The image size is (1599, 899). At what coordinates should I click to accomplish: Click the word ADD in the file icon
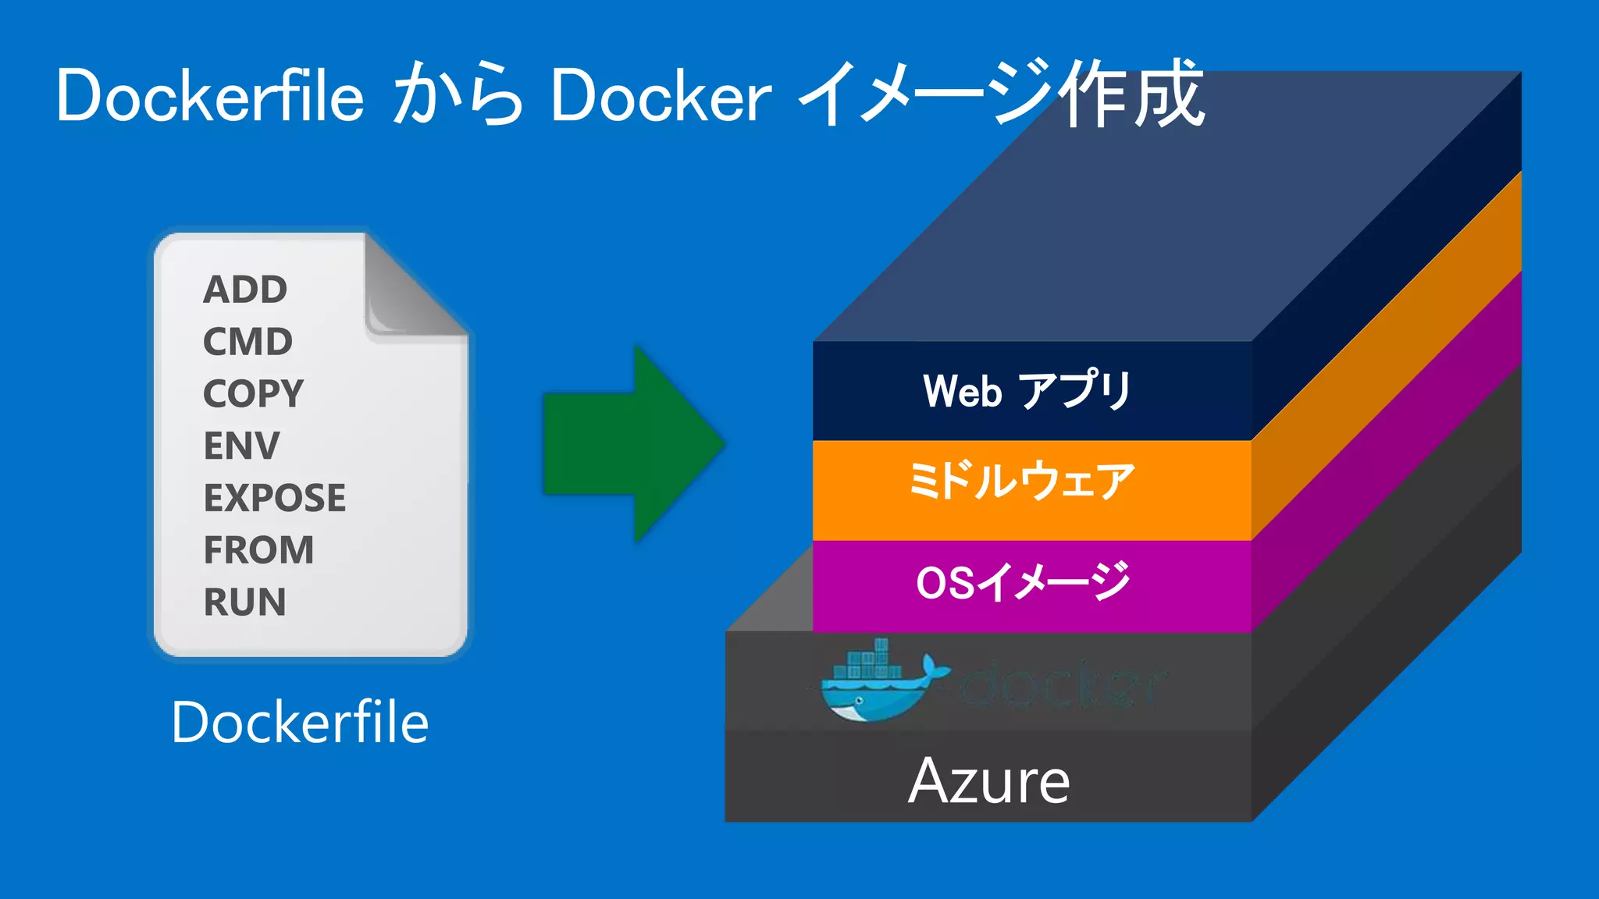pos(245,290)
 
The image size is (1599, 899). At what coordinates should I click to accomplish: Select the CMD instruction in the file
pos(248,342)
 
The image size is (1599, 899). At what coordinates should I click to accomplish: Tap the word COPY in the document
pos(253,393)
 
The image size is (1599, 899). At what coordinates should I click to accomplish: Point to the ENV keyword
pos(241,446)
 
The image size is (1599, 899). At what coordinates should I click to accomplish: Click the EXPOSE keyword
pos(274,498)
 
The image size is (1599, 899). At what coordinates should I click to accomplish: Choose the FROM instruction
pos(258,550)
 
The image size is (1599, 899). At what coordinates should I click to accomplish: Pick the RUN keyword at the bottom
pos(244,602)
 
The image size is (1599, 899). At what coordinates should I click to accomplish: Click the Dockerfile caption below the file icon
pos(300,723)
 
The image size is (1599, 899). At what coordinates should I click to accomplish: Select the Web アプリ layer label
pos(1027,390)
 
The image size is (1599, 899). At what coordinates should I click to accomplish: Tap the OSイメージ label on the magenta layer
pos(1023,582)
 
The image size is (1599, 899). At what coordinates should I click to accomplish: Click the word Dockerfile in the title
pos(210,96)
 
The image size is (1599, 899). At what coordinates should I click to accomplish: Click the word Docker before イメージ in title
pos(661,96)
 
